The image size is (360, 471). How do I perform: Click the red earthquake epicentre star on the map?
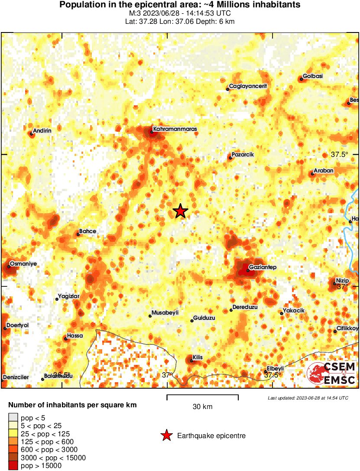click(x=180, y=211)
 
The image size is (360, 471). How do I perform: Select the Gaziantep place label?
click(x=263, y=267)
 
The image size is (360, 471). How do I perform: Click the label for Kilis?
click(x=198, y=357)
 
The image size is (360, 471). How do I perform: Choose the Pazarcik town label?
click(x=243, y=155)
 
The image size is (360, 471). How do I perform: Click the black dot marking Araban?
click(x=312, y=174)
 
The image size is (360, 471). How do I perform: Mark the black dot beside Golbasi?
click(x=300, y=79)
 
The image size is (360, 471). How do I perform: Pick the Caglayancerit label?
click(x=248, y=86)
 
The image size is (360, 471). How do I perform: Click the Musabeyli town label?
click(x=165, y=313)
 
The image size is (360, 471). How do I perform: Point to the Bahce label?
click(x=88, y=231)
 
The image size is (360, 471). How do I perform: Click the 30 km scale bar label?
click(x=202, y=407)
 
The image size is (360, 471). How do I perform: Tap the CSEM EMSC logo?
click(x=332, y=374)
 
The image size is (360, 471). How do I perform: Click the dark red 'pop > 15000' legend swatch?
click(x=13, y=465)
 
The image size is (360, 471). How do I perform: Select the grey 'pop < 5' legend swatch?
click(x=13, y=418)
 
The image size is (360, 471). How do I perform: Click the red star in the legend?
click(x=166, y=435)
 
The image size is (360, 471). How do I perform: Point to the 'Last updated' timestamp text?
click(x=308, y=398)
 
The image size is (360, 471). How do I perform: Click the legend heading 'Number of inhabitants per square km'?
click(x=72, y=406)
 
